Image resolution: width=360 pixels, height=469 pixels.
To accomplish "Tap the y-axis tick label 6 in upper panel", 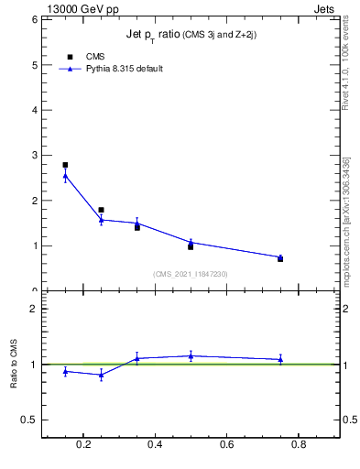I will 33,19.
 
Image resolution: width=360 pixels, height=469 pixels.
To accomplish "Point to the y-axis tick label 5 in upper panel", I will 33,65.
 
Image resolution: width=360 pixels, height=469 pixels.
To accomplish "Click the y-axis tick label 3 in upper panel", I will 33,155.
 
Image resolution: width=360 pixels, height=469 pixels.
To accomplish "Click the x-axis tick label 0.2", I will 83,445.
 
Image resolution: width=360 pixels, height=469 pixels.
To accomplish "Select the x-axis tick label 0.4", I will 155,445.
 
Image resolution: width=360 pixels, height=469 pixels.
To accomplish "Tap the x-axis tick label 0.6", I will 226,445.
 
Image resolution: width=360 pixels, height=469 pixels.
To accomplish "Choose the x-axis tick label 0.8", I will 298,445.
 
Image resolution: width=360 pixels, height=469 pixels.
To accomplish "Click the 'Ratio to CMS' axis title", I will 15,364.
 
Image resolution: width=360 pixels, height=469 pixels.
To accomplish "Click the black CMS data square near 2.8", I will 65,165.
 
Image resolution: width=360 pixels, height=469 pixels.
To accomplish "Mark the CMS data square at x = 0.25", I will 101,210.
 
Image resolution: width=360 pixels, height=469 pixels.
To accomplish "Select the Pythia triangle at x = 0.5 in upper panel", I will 191,242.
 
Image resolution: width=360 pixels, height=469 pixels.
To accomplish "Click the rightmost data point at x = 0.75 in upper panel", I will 280,257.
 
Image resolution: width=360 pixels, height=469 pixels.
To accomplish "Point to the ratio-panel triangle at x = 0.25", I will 101,375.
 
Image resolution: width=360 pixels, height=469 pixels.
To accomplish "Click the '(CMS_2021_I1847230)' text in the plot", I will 191,273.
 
